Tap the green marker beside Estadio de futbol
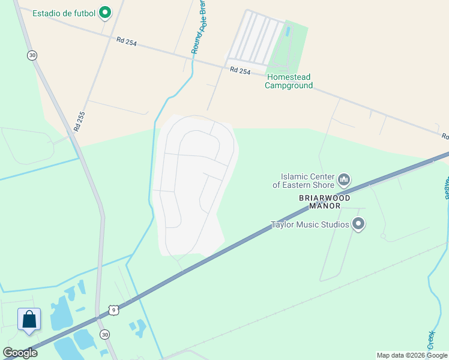(x=105, y=12)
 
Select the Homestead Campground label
(x=289, y=81)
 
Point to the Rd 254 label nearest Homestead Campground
(x=240, y=70)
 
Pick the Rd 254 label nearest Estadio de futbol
(x=127, y=41)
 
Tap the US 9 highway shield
(x=113, y=310)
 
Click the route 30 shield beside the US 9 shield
(x=105, y=334)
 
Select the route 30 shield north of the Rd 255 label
(x=32, y=55)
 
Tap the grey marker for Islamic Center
(x=344, y=179)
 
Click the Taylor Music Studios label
(x=310, y=225)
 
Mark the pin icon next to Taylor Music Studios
(x=359, y=224)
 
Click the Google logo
(x=20, y=352)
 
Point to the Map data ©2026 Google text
(x=412, y=355)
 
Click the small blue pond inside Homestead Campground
(x=288, y=31)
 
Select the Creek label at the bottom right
(x=431, y=340)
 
